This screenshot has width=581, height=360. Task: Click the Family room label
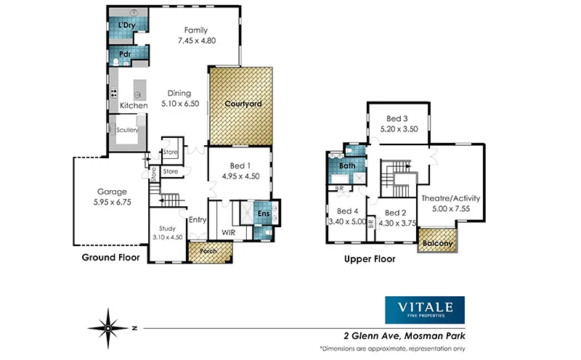click(x=195, y=30)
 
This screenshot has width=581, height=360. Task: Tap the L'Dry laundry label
click(x=126, y=26)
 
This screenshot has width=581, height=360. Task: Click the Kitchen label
click(x=134, y=106)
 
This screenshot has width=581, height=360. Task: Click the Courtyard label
click(x=242, y=104)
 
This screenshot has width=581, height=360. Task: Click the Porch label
click(x=208, y=253)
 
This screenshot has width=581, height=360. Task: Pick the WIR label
click(x=228, y=233)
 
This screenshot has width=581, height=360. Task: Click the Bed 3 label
click(x=396, y=118)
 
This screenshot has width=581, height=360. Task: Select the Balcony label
click(x=437, y=243)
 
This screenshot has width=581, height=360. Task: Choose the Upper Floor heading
click(x=370, y=257)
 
